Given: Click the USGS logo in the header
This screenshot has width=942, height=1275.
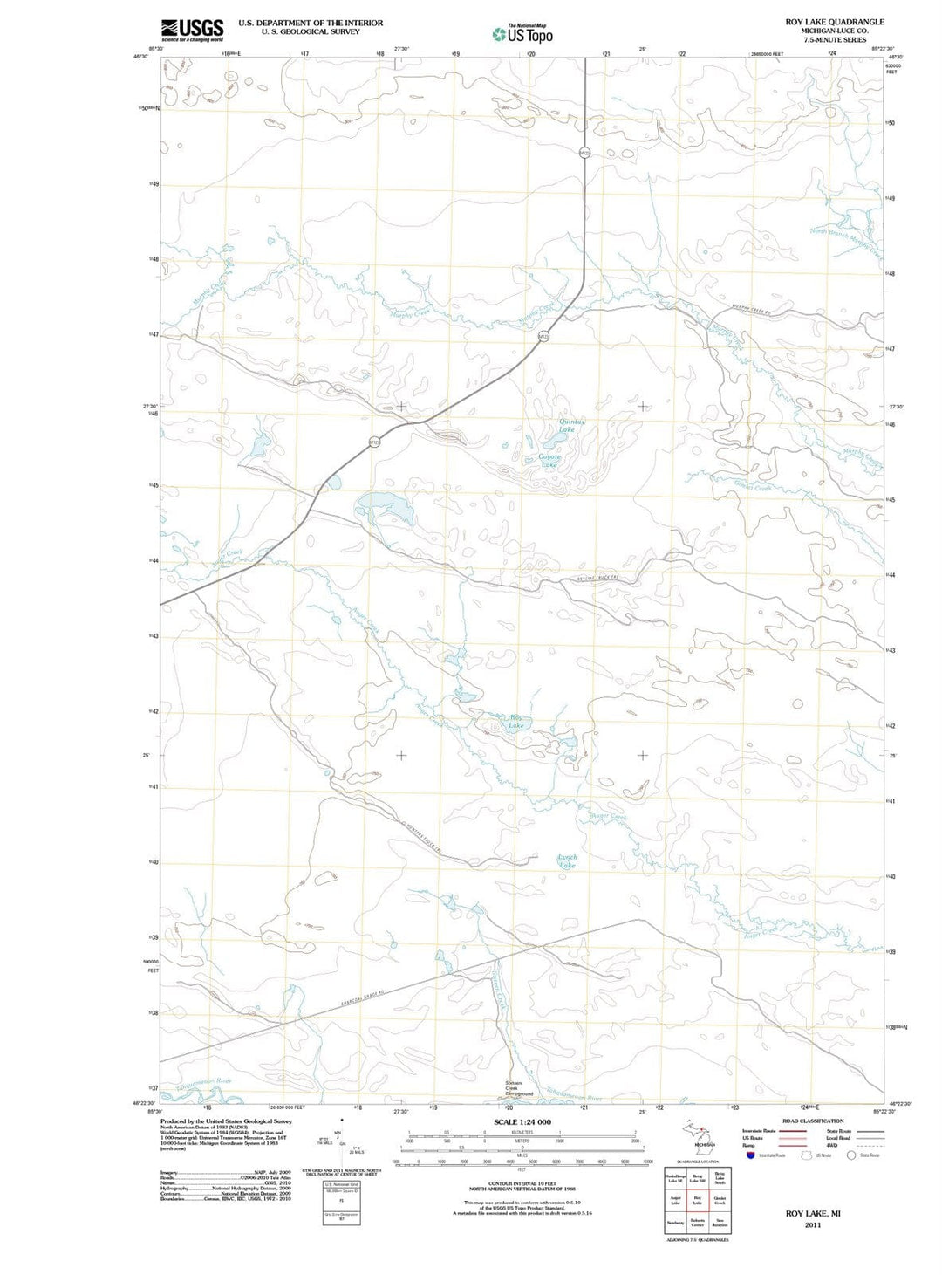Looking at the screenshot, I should (x=192, y=31).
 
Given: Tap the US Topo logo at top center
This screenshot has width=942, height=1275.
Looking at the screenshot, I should (x=522, y=34).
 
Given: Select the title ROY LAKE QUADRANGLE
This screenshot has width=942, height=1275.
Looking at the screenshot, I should (x=834, y=22).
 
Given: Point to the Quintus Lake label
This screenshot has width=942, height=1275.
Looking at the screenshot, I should (x=571, y=426).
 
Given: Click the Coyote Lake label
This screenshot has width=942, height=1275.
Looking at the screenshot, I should (x=549, y=461).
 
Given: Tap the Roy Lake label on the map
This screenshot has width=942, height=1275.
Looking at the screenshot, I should (x=515, y=722).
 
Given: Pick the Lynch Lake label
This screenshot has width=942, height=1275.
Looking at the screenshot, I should (x=567, y=861).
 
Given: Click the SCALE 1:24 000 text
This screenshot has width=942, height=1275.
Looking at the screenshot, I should (x=522, y=1121).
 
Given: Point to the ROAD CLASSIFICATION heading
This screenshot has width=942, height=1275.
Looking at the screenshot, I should (x=812, y=1121).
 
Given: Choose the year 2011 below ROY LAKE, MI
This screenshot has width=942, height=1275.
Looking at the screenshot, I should (x=813, y=1224).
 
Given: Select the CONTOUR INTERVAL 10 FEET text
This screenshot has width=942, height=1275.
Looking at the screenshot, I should (x=522, y=1183).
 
